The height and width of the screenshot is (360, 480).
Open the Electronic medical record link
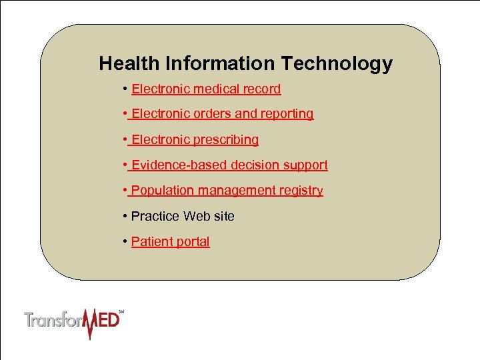pyautogui.click(x=206, y=89)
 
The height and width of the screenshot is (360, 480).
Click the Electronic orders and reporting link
pyautogui.click(x=222, y=114)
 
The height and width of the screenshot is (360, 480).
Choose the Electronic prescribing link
pyautogui.click(x=195, y=139)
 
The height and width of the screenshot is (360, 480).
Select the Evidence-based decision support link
pyautogui.click(x=229, y=165)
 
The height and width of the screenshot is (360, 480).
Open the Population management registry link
pyautogui.click(x=227, y=191)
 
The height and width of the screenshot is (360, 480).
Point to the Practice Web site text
pyautogui.click(x=183, y=216)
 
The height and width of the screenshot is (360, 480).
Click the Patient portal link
pyautogui.click(x=170, y=241)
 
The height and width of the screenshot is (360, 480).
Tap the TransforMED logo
pyautogui.click(x=74, y=322)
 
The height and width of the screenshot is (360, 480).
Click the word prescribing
pyautogui.click(x=225, y=139)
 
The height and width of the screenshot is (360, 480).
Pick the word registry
pyautogui.click(x=301, y=191)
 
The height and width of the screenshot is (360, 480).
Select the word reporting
pyautogui.click(x=287, y=114)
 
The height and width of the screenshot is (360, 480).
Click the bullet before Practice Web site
pyautogui.click(x=125, y=216)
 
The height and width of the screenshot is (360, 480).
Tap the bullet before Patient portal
pyautogui.click(x=125, y=241)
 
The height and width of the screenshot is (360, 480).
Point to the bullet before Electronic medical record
pyautogui.click(x=125, y=89)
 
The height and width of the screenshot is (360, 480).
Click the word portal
pyautogui.click(x=191, y=241)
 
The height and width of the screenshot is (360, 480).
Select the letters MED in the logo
pyautogui.click(x=103, y=322)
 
